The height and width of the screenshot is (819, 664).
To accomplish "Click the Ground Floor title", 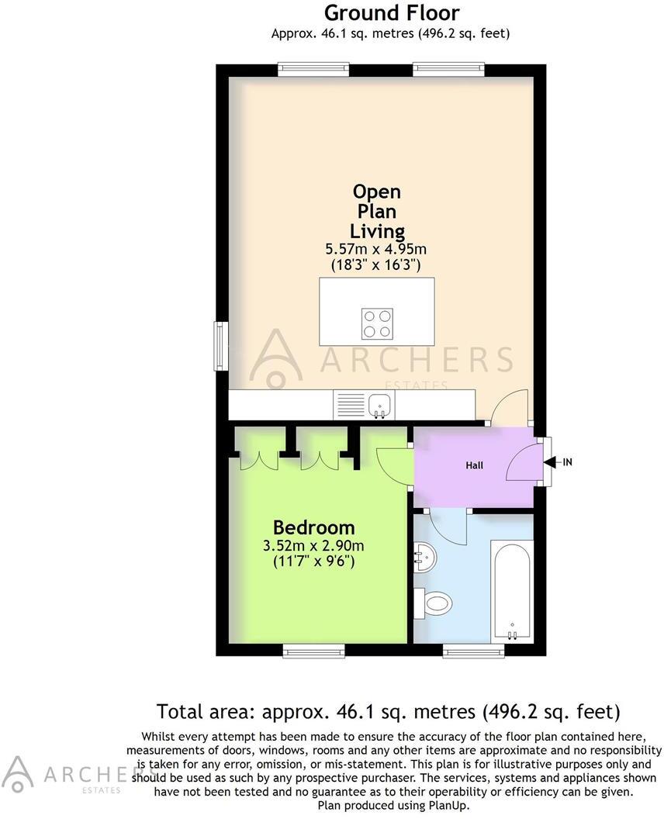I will click(x=391, y=12).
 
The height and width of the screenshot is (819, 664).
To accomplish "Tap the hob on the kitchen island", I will click(x=377, y=323).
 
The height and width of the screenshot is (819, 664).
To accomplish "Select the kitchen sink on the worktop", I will click(x=379, y=403).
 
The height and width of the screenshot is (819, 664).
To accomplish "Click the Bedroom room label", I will click(x=313, y=528).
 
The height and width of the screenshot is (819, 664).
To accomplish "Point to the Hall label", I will click(x=475, y=465).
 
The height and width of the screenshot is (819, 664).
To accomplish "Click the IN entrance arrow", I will click(x=559, y=462).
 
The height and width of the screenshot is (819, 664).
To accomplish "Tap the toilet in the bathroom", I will click(x=436, y=603).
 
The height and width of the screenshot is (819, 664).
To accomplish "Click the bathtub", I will click(x=511, y=589).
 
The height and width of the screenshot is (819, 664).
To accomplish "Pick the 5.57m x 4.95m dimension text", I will click(x=376, y=249).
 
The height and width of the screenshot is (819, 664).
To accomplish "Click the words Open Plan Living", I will click(x=377, y=211).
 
